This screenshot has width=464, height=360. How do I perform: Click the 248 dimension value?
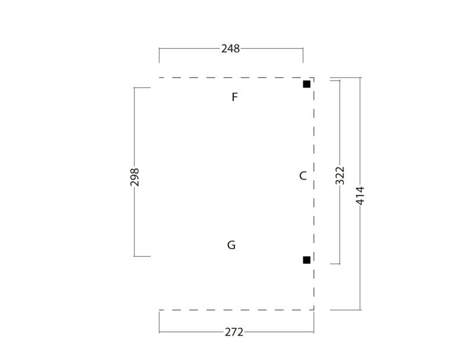point(230,49)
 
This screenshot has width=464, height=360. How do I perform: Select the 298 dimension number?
point(135,177)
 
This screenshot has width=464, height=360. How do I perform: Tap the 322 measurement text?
point(340,176)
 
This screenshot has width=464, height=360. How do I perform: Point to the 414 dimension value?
point(360,195)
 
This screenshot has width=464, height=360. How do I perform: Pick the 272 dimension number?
point(234,332)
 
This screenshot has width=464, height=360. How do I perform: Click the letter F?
point(235,97)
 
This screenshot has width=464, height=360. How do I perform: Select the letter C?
point(303,176)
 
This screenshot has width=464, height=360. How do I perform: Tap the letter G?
point(231,245)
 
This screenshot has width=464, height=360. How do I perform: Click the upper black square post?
point(307,84)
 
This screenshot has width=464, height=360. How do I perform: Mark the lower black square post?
point(307,260)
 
